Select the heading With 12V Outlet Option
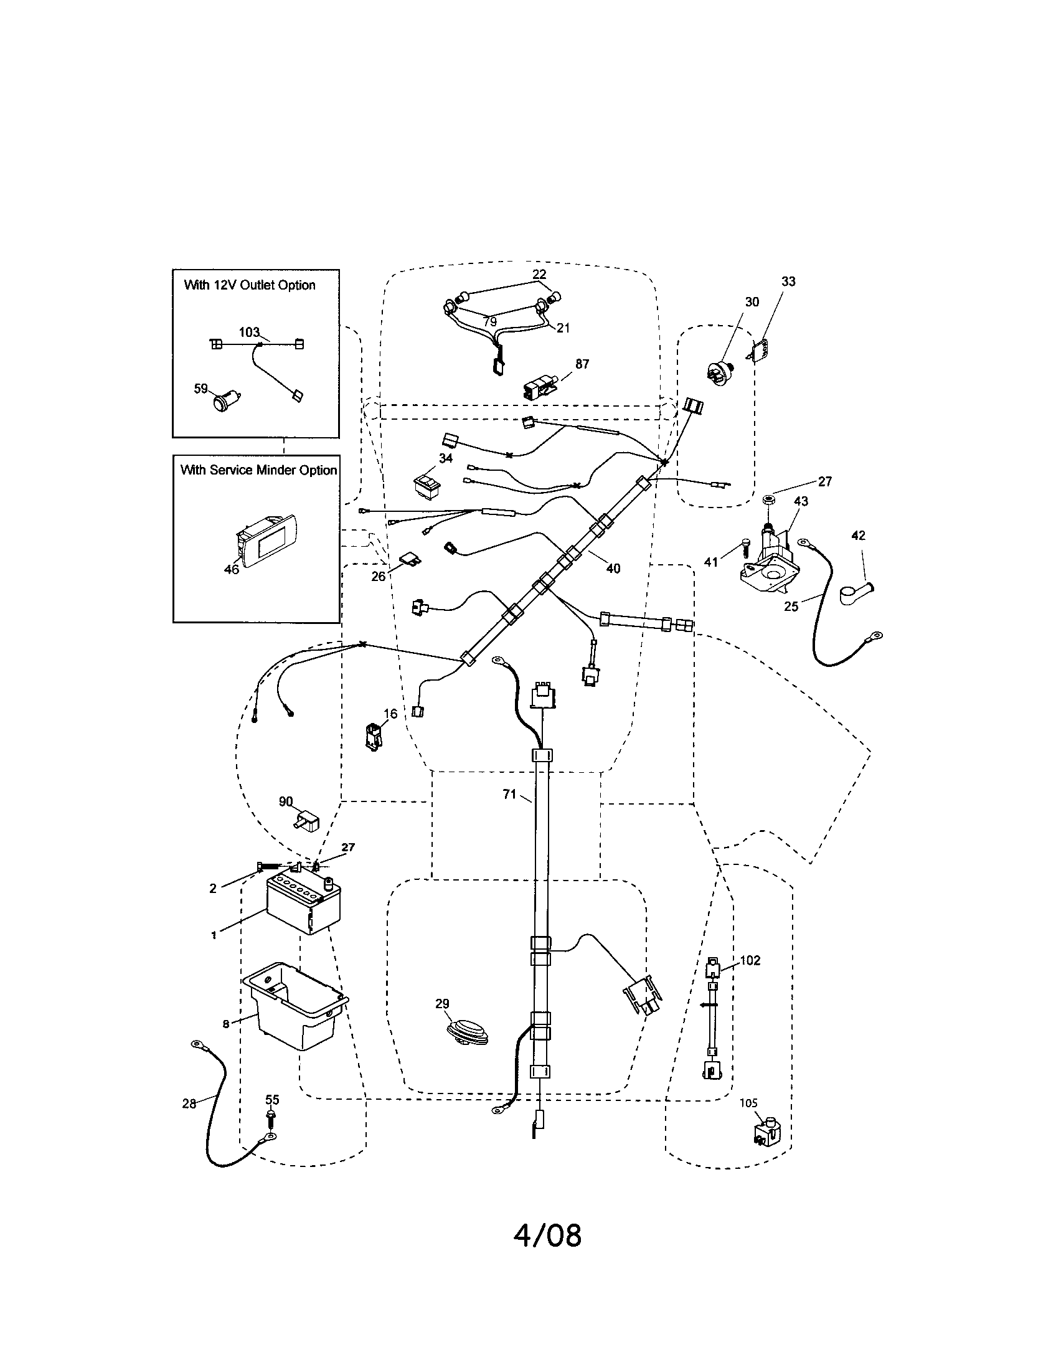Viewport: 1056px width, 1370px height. (x=249, y=285)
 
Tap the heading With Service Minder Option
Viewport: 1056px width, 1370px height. (x=258, y=470)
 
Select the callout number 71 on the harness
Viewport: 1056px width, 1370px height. (x=509, y=794)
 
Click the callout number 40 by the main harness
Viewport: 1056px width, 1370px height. (x=613, y=568)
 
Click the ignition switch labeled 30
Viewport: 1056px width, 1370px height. (x=720, y=370)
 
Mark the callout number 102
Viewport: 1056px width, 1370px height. (x=750, y=960)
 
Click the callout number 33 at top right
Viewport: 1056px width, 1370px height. (x=788, y=281)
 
